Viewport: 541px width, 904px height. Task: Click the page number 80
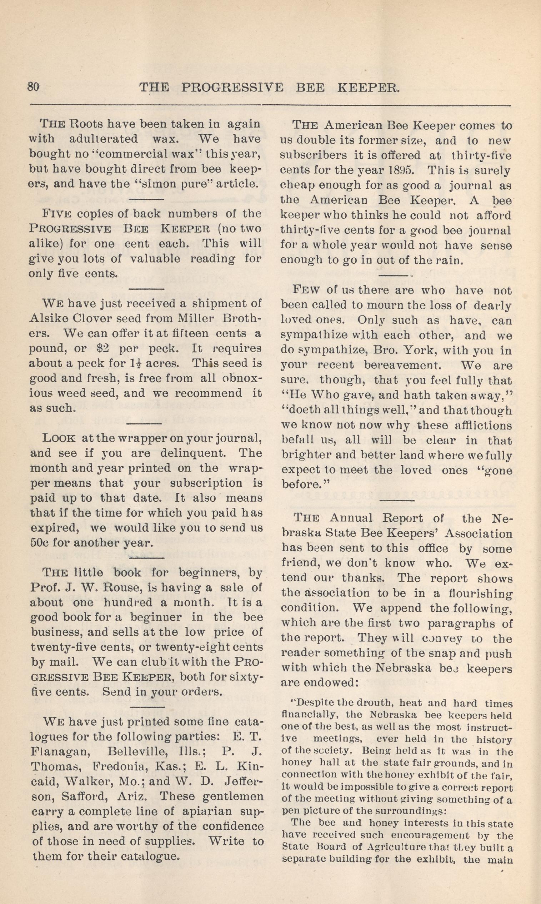[33, 88]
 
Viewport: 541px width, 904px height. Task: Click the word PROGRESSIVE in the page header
[232, 88]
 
